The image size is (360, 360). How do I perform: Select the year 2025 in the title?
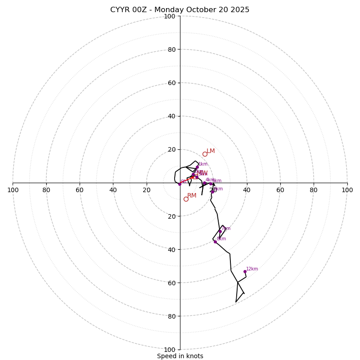[239, 10]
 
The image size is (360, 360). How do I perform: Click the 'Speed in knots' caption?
[180, 356]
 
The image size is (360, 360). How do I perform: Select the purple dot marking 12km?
[245, 271]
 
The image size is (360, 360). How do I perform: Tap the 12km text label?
[252, 269]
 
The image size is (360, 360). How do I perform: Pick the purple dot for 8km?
[215, 242]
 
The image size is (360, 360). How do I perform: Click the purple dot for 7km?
[220, 231]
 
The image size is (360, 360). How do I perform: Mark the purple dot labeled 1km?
[197, 167]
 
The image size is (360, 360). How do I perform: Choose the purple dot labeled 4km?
[204, 183]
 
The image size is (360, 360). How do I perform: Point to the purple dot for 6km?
[212, 192]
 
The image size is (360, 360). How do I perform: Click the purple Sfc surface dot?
[180, 184]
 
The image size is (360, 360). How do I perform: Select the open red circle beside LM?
[205, 154]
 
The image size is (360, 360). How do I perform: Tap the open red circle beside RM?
[186, 199]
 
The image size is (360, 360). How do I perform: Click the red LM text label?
[211, 151]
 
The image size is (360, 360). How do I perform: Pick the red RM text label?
[192, 196]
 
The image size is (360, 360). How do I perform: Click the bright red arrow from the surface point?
[189, 178]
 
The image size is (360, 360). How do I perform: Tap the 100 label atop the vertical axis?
[170, 17]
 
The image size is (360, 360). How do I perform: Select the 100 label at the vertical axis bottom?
[170, 349]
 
